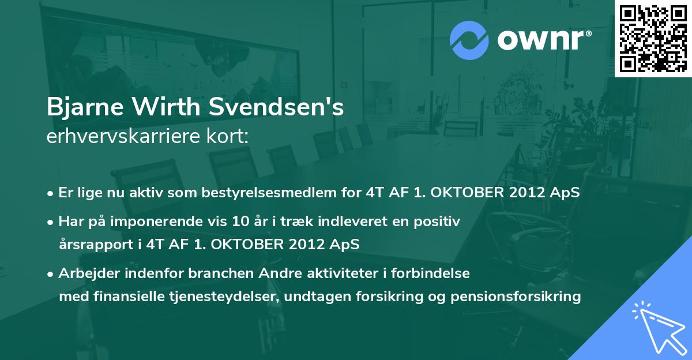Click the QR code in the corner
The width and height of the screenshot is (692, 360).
(653, 39)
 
